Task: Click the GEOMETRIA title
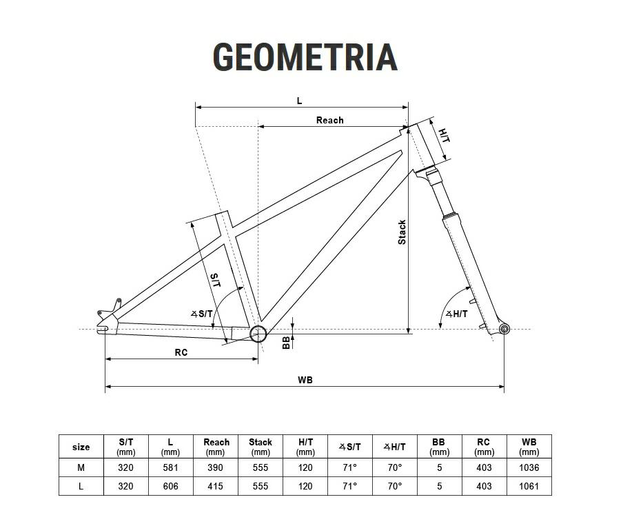tap(305, 57)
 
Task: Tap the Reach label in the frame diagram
tap(329, 120)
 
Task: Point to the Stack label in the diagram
tap(402, 232)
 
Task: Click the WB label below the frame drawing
tap(305, 381)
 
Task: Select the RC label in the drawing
tap(181, 352)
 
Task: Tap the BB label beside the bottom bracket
tap(286, 343)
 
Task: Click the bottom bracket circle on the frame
tap(258, 334)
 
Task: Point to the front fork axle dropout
tap(504, 329)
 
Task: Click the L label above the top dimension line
tap(299, 101)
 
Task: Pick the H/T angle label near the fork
tap(456, 314)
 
